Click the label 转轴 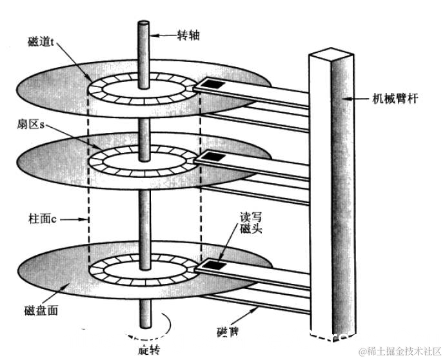click(x=188, y=35)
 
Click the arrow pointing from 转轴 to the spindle click(x=164, y=35)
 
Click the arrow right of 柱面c click(x=77, y=219)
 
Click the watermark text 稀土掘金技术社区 click(x=400, y=351)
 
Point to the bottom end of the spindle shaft click(x=143, y=329)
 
